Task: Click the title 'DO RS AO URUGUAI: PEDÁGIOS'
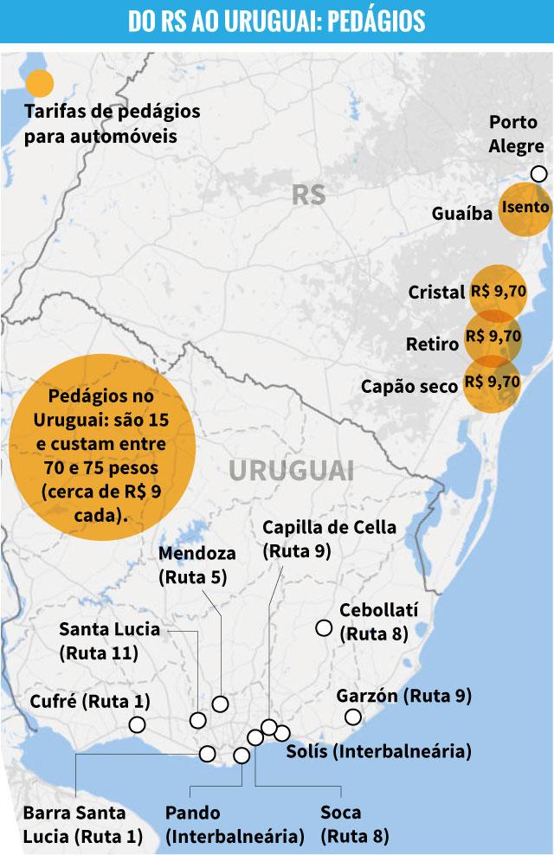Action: [277, 21]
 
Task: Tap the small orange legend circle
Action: [39, 83]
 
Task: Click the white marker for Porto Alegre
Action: [538, 174]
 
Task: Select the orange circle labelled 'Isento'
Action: [525, 208]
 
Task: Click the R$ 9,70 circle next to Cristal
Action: [498, 292]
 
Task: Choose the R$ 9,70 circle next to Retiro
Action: [493, 337]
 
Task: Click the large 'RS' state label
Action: [308, 195]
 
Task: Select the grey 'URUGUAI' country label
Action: [292, 471]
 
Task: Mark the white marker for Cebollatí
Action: [324, 627]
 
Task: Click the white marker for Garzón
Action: [352, 717]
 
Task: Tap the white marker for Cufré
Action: [136, 724]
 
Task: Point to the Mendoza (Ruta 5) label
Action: [196, 564]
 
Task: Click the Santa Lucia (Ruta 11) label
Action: [109, 640]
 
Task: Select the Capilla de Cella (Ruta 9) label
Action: [329, 537]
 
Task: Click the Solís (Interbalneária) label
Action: [378, 750]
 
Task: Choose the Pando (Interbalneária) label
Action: [235, 825]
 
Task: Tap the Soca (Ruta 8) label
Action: [354, 825]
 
